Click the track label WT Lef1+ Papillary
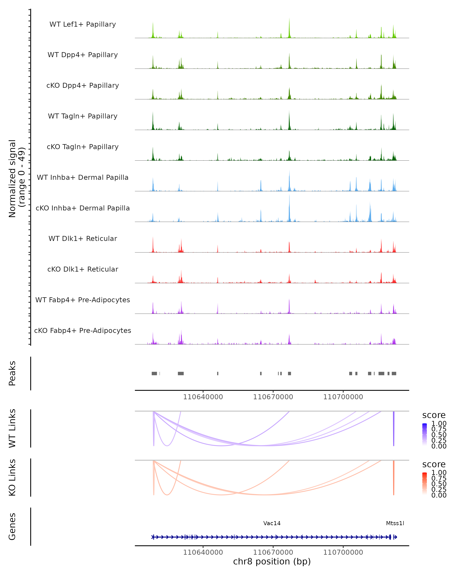[x=83, y=24]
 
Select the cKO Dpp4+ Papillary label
[x=83, y=85]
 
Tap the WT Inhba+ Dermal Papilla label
[x=83, y=177]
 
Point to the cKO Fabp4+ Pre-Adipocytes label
[x=83, y=330]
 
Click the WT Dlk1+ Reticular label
[x=83, y=238]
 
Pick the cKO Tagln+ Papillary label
[x=83, y=147]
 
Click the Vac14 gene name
[x=272, y=523]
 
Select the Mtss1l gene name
[x=395, y=523]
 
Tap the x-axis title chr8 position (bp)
[x=272, y=561]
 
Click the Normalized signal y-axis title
[x=16, y=178]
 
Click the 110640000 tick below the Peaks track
[x=203, y=397]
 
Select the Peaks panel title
[x=12, y=373]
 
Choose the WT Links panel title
[x=12, y=428]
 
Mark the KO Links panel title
[x=12, y=477]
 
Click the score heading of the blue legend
[x=434, y=415]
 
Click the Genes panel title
[x=12, y=527]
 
